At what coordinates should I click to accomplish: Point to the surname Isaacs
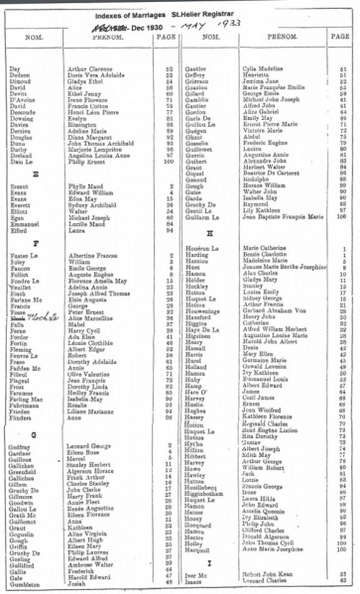(x=194, y=581)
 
